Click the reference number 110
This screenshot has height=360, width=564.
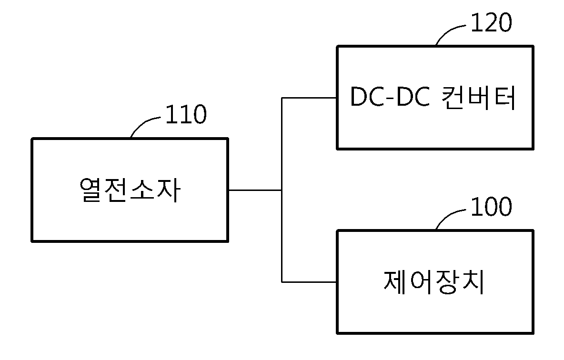pos(186,114)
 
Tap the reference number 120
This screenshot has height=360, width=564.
pos(491,22)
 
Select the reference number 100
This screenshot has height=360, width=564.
pos(491,207)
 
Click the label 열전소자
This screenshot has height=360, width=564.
pos(130,190)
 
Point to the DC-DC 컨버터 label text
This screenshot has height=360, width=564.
pos(433,98)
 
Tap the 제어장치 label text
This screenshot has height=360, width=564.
pos(433,282)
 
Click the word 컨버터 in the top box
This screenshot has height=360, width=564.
pos(478,98)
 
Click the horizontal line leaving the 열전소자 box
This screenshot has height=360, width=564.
pos(255,190)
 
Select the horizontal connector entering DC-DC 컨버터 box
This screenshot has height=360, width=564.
pos(309,98)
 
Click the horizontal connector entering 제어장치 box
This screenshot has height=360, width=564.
pos(309,282)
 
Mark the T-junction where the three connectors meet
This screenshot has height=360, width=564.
pos(282,190)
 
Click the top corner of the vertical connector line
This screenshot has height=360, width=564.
pos(282,98)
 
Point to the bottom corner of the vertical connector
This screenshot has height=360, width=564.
pos(282,282)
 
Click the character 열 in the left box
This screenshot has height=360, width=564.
pos(91,190)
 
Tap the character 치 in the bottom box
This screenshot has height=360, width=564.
pos(472,282)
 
